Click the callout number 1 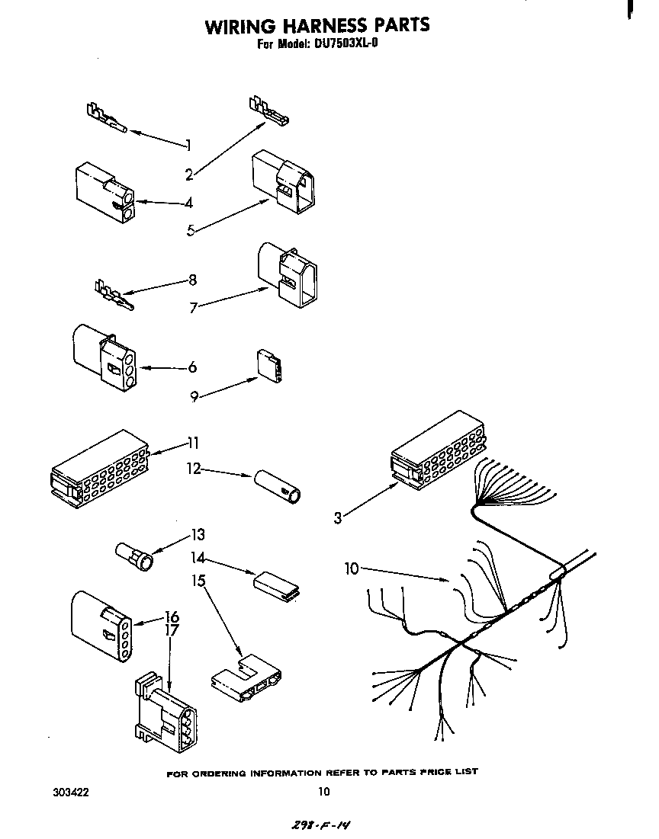[188, 145]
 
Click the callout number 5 [191, 231]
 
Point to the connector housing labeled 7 [288, 274]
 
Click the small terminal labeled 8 [113, 294]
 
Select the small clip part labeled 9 [270, 366]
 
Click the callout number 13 [198, 534]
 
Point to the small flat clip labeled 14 [275, 582]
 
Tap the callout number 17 [172, 630]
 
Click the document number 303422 [71, 792]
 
